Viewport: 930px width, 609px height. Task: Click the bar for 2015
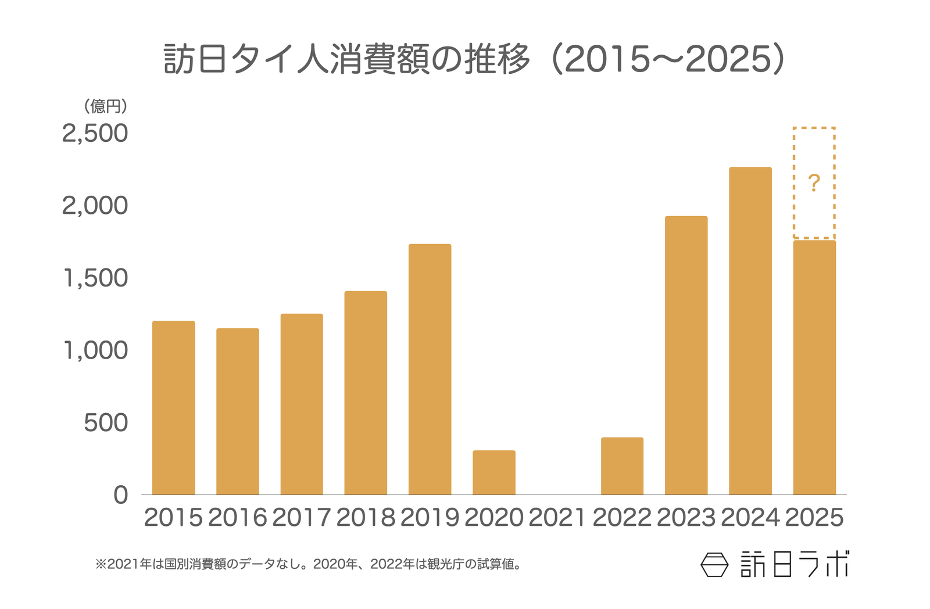[173, 408]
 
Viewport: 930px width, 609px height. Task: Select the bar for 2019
[430, 370]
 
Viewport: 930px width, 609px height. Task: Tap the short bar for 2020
[493, 472]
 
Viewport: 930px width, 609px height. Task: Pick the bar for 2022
[622, 466]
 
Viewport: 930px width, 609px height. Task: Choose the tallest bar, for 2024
[750, 331]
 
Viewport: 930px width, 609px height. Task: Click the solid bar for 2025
[814, 367]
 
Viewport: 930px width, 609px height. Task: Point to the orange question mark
[814, 184]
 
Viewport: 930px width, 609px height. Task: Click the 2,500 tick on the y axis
[95, 133]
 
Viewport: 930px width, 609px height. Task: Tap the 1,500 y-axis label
[95, 278]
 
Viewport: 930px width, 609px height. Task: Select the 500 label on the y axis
[106, 423]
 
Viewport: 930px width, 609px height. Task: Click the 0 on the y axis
[120, 495]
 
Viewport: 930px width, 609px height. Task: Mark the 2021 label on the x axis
[557, 518]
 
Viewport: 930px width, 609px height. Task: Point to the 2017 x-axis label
[301, 518]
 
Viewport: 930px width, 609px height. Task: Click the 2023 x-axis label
[686, 518]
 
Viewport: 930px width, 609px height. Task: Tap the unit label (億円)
[105, 106]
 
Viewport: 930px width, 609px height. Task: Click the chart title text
[474, 59]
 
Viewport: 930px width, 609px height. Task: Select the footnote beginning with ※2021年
[308, 564]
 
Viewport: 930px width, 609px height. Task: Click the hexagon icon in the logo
[714, 564]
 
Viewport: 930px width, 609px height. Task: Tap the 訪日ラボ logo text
[794, 564]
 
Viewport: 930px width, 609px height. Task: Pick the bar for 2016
[237, 411]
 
